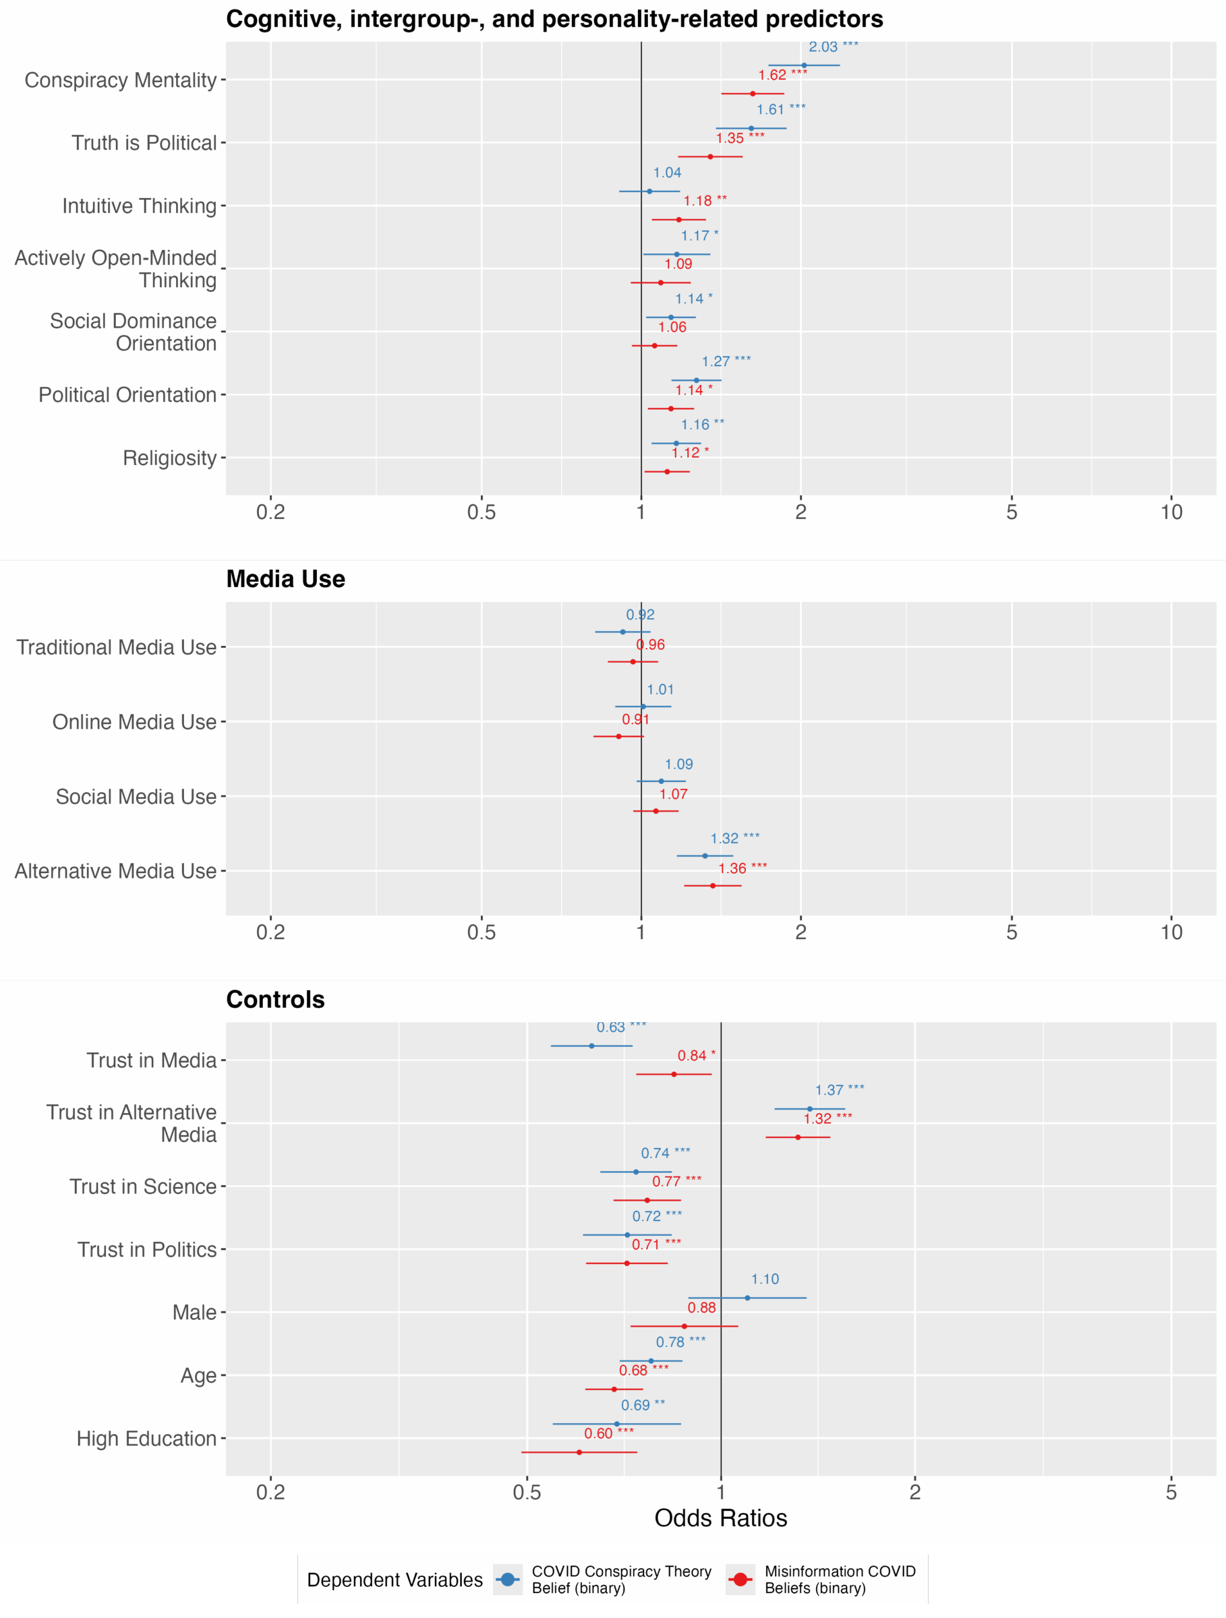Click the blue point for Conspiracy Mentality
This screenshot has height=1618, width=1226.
[x=804, y=66]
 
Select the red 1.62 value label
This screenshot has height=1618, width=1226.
[x=782, y=76]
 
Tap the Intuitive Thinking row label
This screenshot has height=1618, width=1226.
[x=139, y=206]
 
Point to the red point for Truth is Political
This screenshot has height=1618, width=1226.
[x=710, y=156]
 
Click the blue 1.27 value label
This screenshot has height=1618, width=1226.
[x=726, y=362]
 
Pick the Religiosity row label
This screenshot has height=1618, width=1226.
[x=170, y=458]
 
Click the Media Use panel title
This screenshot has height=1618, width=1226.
[x=285, y=579]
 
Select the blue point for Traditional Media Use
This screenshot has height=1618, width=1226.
[x=622, y=632]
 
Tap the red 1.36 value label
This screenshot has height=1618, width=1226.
[x=742, y=869]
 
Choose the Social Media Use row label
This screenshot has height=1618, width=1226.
[x=136, y=797]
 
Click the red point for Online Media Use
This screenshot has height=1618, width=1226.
[x=619, y=737]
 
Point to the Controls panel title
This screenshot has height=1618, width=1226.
[x=275, y=1000]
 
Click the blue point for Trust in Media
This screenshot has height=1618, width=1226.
[x=592, y=1046]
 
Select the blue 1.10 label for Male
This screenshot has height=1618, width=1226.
[x=765, y=1280]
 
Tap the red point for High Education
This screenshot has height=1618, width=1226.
[x=579, y=1452]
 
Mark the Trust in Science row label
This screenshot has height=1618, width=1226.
[x=143, y=1187]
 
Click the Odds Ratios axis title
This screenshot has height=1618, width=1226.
[x=720, y=1518]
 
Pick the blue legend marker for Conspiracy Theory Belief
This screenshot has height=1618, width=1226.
[x=508, y=1580]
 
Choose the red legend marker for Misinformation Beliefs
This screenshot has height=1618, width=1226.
[x=741, y=1580]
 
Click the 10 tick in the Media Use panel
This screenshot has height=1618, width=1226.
[x=1171, y=932]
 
